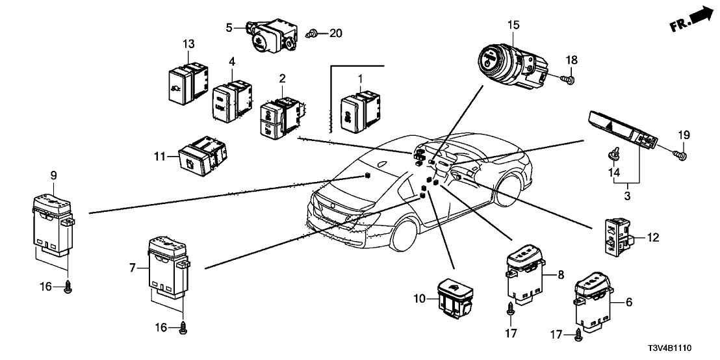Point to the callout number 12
(652, 238)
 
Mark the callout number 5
(229, 27)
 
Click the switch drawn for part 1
(359, 110)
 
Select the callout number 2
(282, 78)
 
